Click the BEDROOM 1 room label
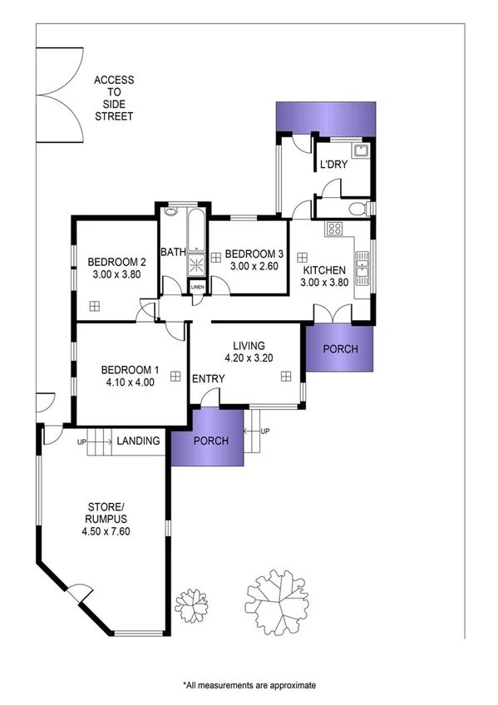pyautogui.click(x=129, y=370)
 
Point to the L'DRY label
pyautogui.click(x=333, y=165)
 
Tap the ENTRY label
pyautogui.click(x=208, y=379)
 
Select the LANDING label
pyautogui.click(x=138, y=441)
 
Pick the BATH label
pyautogui.click(x=172, y=253)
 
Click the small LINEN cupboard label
pyautogui.click(x=197, y=288)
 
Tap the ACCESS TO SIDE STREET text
pyautogui.click(x=113, y=98)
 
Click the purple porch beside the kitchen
pyautogui.click(x=340, y=348)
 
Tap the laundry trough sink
pyautogui.click(x=360, y=150)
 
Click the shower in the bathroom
pyautogui.click(x=196, y=264)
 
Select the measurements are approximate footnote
pyautogui.click(x=249, y=685)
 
